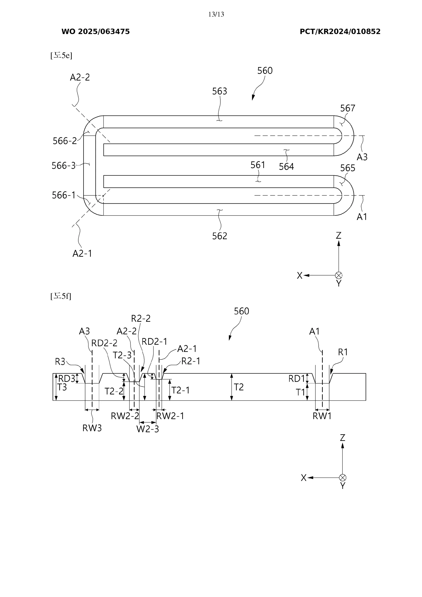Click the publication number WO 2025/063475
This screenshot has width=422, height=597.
pyautogui.click(x=95, y=32)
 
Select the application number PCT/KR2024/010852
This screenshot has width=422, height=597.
pyautogui.click(x=340, y=32)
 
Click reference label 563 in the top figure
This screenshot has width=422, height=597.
pyautogui.click(x=220, y=91)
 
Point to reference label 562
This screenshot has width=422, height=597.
pyautogui.click(x=220, y=236)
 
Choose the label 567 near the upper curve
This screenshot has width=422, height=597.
pyautogui.click(x=347, y=108)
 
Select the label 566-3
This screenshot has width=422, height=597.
pyautogui.click(x=64, y=166)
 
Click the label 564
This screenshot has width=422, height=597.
pyautogui.click(x=286, y=167)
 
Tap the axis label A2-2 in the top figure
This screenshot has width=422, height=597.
pyautogui.click(x=80, y=78)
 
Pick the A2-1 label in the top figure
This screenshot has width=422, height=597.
pyautogui.click(x=82, y=254)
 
